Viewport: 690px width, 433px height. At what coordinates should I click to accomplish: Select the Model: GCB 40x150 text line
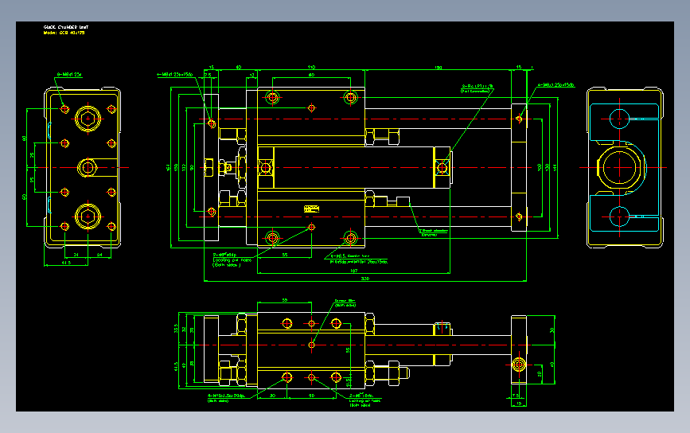pyautogui.click(x=64, y=33)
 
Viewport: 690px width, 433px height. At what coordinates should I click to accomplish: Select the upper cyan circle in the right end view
pyautogui.click(x=618, y=119)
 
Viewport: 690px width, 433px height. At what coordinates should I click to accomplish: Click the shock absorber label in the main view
pyautogui.click(x=430, y=233)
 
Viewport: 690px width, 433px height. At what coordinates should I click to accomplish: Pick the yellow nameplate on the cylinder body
pyautogui.click(x=310, y=209)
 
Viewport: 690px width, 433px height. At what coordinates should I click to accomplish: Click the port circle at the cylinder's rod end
pyautogui.click(x=442, y=167)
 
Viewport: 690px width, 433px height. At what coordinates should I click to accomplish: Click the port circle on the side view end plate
pyautogui.click(x=519, y=365)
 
